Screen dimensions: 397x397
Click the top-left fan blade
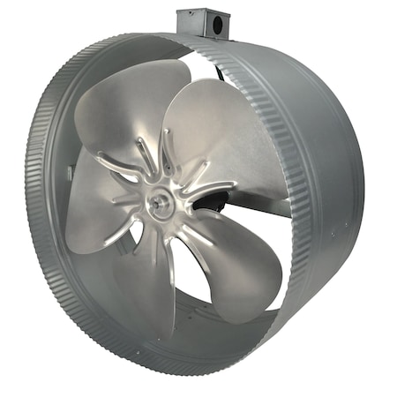coord(124,115)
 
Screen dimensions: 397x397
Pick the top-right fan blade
coord(221,132)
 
